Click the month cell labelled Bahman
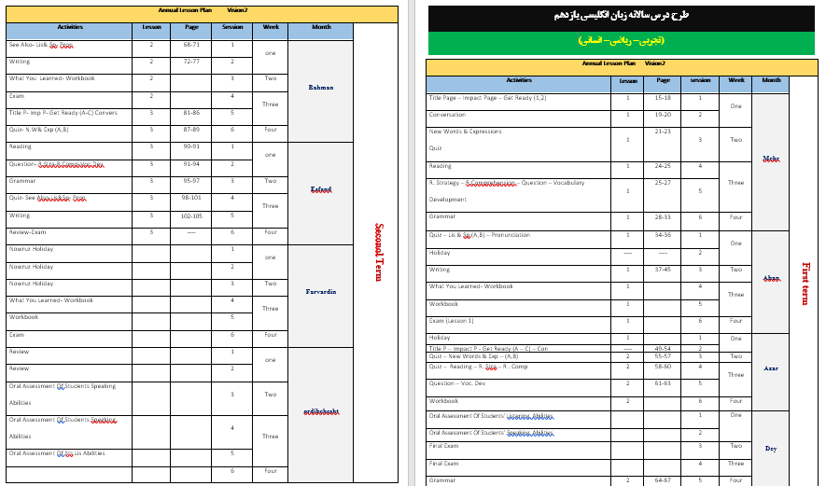coord(320,88)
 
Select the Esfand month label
coord(320,189)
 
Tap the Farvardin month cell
coord(320,292)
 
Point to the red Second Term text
coord(379,251)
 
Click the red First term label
coord(805,283)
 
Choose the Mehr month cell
coord(771,159)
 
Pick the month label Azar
coord(771,368)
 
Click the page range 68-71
coord(191,45)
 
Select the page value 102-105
coord(191,215)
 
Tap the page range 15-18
coord(663,97)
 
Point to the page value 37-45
coord(663,270)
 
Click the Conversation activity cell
coord(447,115)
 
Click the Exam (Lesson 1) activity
coord(452,321)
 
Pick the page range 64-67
coord(663,480)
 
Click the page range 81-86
coord(191,113)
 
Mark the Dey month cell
coord(771,449)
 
